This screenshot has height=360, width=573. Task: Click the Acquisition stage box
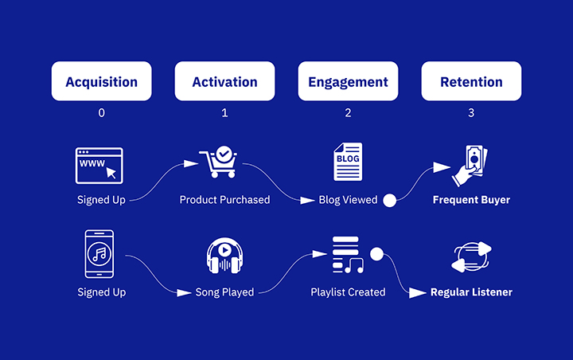pyautogui.click(x=101, y=81)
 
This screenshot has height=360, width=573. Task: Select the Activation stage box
pyautogui.click(x=224, y=81)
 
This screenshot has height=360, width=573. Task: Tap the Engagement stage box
pyautogui.click(x=348, y=81)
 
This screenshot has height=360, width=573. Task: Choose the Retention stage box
pyautogui.click(x=471, y=81)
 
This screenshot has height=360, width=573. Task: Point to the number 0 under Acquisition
pyautogui.click(x=101, y=113)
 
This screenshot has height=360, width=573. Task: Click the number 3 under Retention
pyautogui.click(x=471, y=113)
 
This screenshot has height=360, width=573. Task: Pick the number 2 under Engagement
pyautogui.click(x=348, y=113)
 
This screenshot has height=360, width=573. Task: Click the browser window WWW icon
pyautogui.click(x=99, y=164)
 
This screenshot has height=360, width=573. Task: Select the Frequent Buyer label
pyautogui.click(x=471, y=200)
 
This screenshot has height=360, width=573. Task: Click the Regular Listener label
pyautogui.click(x=471, y=292)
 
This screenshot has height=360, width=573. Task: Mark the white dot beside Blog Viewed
pyautogui.click(x=390, y=201)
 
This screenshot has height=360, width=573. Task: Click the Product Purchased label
pyautogui.click(x=224, y=200)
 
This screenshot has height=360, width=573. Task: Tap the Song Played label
pyautogui.click(x=224, y=292)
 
